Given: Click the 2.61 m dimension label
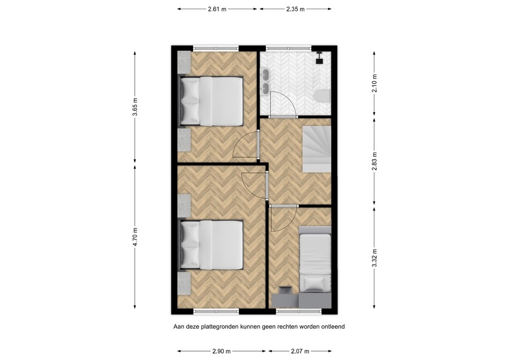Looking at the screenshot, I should click(217, 9).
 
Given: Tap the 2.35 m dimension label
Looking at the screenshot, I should click(295, 9).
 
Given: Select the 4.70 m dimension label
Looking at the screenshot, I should click(135, 236).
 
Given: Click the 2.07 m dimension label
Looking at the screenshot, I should click(300, 351).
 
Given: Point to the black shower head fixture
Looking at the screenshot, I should click(320, 59).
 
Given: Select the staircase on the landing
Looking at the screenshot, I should click(317, 149).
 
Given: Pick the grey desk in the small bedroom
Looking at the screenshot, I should click(300, 300).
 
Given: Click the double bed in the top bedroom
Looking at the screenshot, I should click(212, 101).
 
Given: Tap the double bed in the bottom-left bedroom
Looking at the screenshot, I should click(212, 244).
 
